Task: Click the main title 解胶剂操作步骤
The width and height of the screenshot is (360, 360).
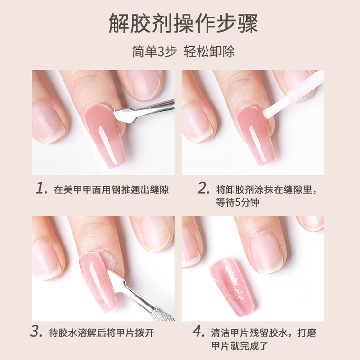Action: [x=183, y=23]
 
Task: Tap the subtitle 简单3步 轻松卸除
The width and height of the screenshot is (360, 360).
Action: [x=183, y=52]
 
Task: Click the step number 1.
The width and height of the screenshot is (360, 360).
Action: [x=42, y=188]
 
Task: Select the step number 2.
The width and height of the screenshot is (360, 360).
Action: [x=203, y=188]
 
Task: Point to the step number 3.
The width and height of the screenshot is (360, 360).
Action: [x=36, y=332]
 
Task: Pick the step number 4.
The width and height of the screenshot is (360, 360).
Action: [x=198, y=332]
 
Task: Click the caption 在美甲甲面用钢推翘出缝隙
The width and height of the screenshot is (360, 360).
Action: [x=111, y=189]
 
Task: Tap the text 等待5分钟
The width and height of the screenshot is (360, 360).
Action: [x=237, y=203]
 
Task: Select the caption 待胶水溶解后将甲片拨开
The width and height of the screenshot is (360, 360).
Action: [x=101, y=333]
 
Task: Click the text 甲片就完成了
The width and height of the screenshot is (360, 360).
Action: [x=240, y=346]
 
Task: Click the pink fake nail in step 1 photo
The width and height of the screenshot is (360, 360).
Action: [x=106, y=135]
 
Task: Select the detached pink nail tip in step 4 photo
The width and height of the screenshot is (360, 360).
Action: [x=233, y=287]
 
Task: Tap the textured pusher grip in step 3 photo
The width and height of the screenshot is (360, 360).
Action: [x=162, y=314]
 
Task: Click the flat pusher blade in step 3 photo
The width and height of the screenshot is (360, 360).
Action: [x=117, y=281]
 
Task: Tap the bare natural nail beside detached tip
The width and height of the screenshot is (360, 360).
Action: [x=267, y=252]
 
